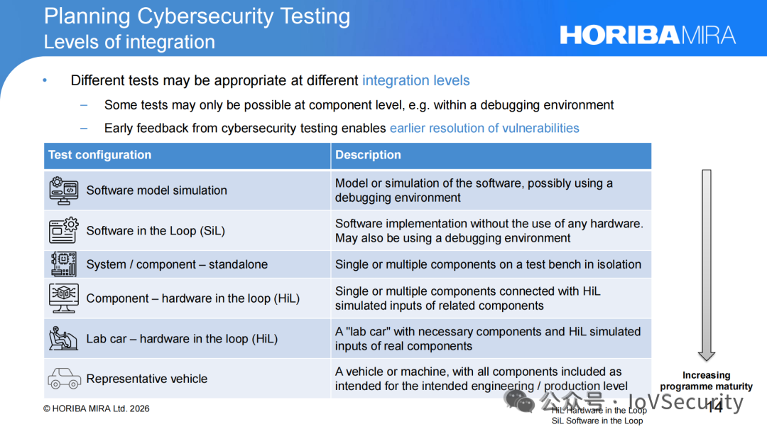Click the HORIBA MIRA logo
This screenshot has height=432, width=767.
coord(648,36)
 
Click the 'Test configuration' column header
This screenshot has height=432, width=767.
coord(100,155)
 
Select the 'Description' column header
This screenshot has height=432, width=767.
coord(368,155)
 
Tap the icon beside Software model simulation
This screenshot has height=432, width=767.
coord(64,190)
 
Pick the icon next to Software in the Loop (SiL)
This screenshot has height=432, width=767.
coord(64,230)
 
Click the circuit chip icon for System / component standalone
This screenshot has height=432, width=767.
coord(64,264)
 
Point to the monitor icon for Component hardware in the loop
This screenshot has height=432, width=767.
coord(64,298)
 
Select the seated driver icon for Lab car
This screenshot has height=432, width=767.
coord(63,338)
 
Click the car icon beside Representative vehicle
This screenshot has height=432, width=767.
coord(64,379)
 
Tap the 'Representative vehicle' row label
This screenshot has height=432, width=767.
coord(147,379)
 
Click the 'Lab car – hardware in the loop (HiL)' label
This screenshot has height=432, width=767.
coord(182,338)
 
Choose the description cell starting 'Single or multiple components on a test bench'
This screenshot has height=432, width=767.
coord(488,264)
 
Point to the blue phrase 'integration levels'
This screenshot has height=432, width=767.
coord(415,80)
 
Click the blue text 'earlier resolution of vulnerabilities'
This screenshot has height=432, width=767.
coord(484,128)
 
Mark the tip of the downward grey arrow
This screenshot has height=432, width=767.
coord(707,361)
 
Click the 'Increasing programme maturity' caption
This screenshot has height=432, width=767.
coord(707,381)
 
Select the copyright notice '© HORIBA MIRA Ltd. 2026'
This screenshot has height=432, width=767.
coord(97,409)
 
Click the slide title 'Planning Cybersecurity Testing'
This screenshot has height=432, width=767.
coord(197,16)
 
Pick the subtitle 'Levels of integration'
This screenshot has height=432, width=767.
coord(130,42)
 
